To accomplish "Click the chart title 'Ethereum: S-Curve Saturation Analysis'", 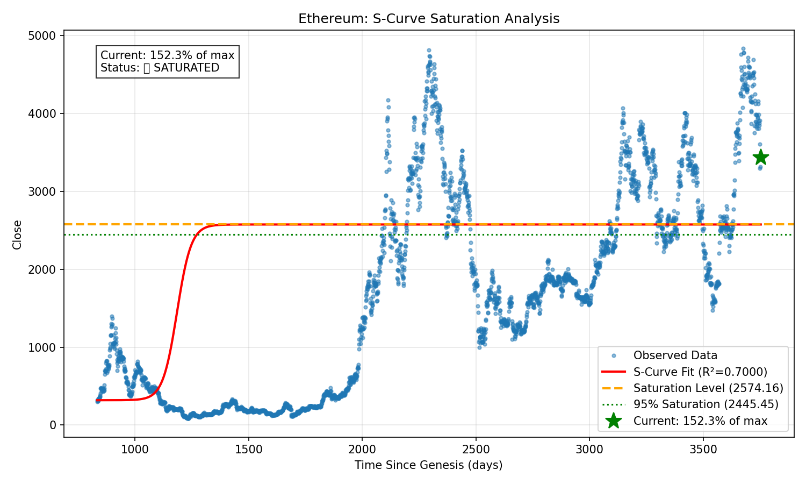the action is click(429, 19).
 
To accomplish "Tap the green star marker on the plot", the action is click(760, 158).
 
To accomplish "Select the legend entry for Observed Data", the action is click(675, 355).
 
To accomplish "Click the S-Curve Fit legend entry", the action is click(700, 372).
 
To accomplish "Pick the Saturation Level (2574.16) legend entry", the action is click(708, 388).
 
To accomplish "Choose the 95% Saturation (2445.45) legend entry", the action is click(706, 404).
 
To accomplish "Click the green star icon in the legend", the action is click(613, 421).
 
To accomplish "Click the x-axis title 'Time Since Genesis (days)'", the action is click(429, 465).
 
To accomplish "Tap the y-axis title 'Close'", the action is click(18, 234).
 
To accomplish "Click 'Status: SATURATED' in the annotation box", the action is click(160, 68).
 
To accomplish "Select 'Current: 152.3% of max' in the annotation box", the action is click(167, 55).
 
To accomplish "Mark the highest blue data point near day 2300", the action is click(429, 51).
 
